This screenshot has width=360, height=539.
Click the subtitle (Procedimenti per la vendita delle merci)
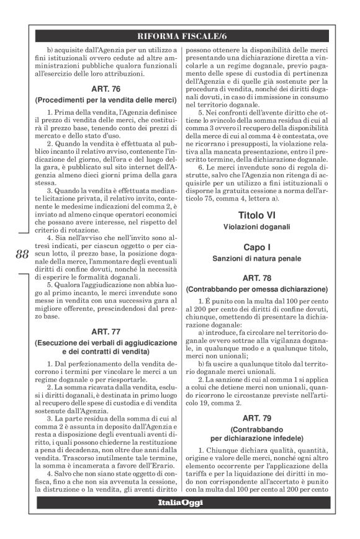[x=106, y=100]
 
